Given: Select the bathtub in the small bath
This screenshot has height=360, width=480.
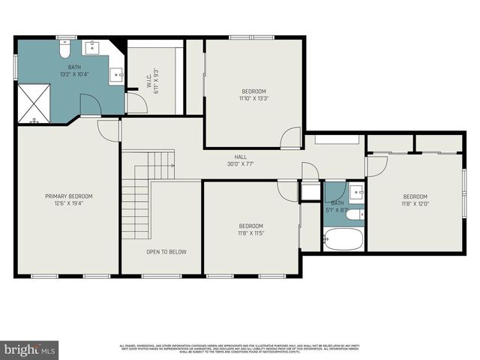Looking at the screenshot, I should tap(343, 239).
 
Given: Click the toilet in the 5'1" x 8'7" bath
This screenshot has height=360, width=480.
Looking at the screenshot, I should tap(355, 214).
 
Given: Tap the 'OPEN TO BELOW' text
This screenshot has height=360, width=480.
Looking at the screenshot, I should tap(166, 252).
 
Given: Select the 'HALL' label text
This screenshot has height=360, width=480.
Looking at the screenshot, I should tap(240, 157).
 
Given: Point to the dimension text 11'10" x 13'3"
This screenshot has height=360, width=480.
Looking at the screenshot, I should tap(253, 98).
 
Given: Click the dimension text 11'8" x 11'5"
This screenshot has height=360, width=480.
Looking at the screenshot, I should tap(250, 233).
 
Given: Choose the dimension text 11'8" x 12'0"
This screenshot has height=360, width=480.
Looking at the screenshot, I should tap(414, 203).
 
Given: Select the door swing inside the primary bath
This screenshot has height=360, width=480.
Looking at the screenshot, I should tap(89, 106).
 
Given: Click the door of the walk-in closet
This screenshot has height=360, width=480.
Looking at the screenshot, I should tap(136, 102).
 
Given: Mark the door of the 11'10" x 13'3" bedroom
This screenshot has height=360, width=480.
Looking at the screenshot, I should tap(290, 138).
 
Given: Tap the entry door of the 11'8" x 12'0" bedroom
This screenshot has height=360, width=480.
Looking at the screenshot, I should tap(376, 166).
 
